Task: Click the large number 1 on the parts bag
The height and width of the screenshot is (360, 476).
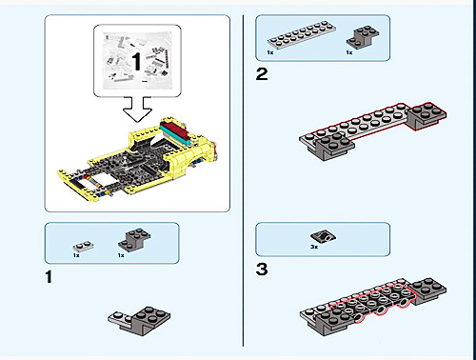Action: (136, 61)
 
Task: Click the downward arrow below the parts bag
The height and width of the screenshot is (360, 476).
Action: (137, 110)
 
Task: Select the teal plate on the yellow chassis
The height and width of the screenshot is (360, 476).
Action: (175, 135)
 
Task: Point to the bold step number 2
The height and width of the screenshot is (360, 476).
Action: (262, 74)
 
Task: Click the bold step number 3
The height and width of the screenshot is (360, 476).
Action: (262, 270)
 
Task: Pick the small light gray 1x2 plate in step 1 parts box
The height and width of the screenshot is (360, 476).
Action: (84, 246)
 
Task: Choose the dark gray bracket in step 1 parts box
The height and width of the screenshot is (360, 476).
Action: (134, 240)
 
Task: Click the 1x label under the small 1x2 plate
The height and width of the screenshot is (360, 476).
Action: (76, 255)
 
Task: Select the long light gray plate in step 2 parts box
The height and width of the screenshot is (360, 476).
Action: (302, 34)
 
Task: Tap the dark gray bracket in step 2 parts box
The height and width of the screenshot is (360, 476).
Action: (363, 37)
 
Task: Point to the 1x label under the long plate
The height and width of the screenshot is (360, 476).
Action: (270, 52)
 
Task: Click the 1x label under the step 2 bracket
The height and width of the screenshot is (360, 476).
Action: (349, 52)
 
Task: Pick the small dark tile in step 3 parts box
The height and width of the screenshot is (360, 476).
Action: (324, 236)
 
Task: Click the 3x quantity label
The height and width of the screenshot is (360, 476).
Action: (314, 247)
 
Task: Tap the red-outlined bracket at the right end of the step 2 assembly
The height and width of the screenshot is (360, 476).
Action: (426, 116)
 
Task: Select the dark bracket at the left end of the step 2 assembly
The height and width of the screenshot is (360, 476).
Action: (334, 147)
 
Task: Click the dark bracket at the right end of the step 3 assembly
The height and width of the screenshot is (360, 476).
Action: (427, 291)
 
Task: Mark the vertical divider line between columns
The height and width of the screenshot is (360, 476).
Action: (244, 180)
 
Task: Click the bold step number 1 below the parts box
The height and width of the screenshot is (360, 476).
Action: (49, 277)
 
